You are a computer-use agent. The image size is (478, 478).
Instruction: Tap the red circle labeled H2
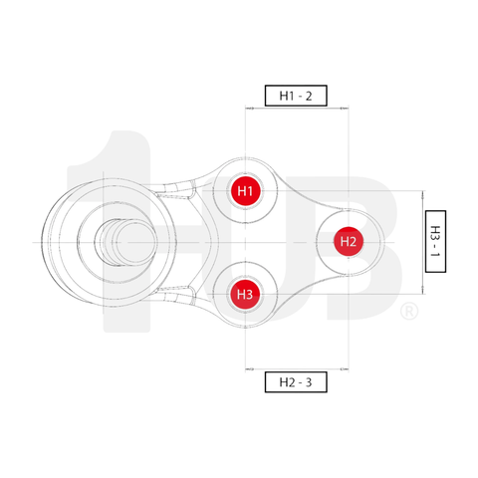pos(347,241)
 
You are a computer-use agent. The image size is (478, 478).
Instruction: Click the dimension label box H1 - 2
pos(296,97)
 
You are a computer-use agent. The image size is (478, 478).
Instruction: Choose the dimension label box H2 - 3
pos(296,381)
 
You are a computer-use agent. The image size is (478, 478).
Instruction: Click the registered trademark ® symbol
pos(408,313)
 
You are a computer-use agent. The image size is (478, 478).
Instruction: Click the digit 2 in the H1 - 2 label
pos(310,97)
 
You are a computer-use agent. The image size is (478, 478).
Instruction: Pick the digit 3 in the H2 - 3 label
pos(310,381)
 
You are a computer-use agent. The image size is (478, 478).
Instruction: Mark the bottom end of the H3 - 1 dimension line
pos(423,294)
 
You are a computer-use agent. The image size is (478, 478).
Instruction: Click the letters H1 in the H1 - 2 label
pos(286,97)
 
